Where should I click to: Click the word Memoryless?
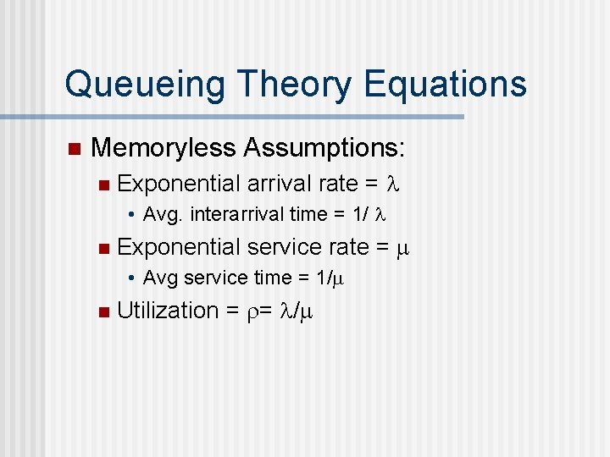click(x=163, y=149)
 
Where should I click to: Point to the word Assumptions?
click(x=324, y=149)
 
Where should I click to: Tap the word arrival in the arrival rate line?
click(x=279, y=183)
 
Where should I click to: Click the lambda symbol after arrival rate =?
click(x=391, y=184)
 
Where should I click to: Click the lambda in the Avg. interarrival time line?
click(x=379, y=215)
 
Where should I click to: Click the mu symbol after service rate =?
click(x=403, y=247)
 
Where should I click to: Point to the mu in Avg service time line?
click(x=339, y=278)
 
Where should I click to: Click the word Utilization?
click(x=168, y=311)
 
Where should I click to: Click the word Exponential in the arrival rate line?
click(x=179, y=184)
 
